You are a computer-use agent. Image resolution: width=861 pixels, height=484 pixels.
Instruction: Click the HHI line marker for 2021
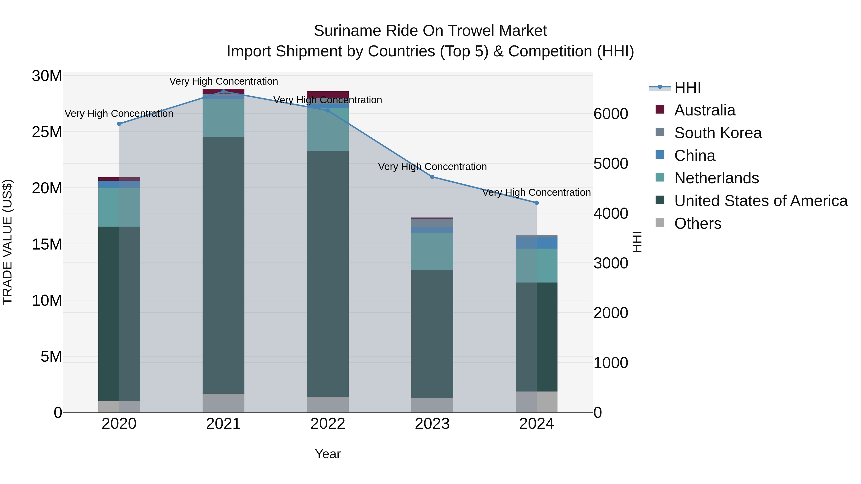coord(224,91)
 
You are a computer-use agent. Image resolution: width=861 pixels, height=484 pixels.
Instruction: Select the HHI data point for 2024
coord(536,203)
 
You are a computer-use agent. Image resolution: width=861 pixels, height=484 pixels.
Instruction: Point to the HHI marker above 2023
coord(432,177)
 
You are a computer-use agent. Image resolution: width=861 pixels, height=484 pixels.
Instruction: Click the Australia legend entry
coord(705,110)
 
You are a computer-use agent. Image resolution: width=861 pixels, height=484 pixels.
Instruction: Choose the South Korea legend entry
coord(717,133)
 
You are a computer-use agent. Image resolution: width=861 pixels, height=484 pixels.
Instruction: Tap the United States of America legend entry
coord(760,201)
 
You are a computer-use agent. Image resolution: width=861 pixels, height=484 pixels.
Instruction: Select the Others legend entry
coord(698,223)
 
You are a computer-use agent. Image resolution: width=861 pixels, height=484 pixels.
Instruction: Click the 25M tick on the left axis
coord(47,132)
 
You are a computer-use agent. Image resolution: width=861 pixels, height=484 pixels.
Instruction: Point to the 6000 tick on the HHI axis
coord(611,114)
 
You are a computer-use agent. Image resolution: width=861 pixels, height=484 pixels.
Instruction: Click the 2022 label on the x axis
coord(328,424)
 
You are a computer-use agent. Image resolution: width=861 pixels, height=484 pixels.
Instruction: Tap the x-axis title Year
coord(328,454)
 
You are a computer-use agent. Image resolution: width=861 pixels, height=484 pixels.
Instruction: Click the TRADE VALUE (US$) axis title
coord(7,242)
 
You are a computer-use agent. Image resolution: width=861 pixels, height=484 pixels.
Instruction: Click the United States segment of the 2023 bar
coord(432,334)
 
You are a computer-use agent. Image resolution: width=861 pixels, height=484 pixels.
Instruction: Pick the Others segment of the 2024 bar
coord(536,402)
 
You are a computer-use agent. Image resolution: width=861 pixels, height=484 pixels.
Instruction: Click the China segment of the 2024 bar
coord(536,243)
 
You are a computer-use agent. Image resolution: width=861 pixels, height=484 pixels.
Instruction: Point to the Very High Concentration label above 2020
coord(119,114)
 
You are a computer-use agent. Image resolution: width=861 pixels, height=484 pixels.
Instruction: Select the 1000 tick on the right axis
coord(611,363)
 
